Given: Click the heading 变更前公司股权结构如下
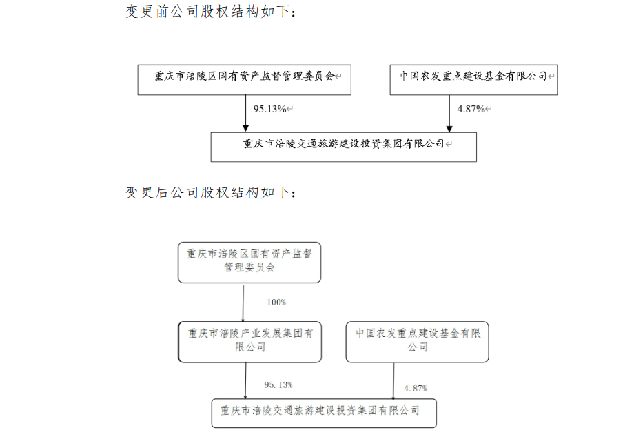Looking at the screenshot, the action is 211,11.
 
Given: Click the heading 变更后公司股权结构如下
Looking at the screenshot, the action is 211,192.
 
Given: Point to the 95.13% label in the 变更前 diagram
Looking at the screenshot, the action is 269,109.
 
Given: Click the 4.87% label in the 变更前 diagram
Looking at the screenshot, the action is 471,109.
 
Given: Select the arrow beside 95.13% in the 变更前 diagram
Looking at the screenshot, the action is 245,114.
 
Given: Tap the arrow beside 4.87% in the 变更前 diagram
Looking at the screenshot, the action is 449,114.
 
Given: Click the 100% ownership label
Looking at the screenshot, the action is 276,302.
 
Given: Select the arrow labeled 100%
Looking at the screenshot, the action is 243,304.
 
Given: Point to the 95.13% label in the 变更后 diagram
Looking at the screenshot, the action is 278,384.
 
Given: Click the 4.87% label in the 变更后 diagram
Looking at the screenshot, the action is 416,389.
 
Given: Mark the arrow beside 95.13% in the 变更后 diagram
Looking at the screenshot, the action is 245,381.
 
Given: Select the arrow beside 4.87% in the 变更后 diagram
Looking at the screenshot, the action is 393,381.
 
